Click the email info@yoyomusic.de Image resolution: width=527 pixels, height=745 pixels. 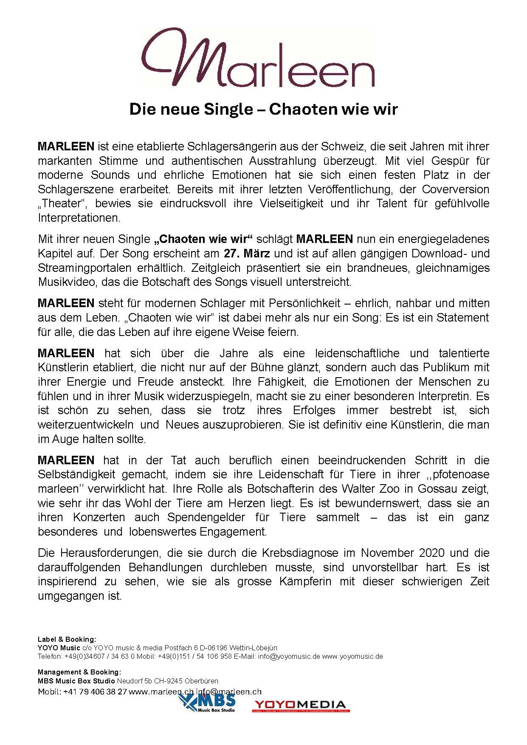tap(295, 656)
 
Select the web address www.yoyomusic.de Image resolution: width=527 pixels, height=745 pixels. tap(352, 656)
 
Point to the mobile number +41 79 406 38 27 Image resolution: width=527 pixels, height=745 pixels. tap(95, 692)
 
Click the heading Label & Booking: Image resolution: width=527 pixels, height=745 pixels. tap(67, 639)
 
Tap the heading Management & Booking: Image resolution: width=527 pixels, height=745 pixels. tap(79, 672)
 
